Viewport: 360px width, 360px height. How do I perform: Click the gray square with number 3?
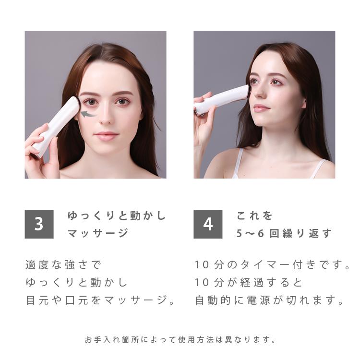pos(39,224)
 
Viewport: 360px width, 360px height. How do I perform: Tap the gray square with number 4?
pos(208,224)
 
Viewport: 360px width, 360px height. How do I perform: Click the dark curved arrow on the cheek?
pos(87,114)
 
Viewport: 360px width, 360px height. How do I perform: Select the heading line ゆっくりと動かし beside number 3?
pos(117,216)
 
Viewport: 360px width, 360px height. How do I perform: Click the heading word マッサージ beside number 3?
pos(98,233)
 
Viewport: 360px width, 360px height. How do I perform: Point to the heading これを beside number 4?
pos(254,216)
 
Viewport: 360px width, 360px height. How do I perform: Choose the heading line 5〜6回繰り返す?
pos(284,233)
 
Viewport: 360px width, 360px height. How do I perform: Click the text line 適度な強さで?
pos(64,264)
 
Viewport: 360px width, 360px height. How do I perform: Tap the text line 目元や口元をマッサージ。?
pos(100,301)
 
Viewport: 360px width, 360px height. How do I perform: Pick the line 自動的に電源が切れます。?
pos(270,301)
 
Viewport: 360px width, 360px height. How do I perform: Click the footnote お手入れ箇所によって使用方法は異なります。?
pos(180,340)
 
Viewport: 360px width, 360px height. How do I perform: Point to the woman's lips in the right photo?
pos(262,108)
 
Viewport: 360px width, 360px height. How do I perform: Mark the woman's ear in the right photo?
pos(304,103)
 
